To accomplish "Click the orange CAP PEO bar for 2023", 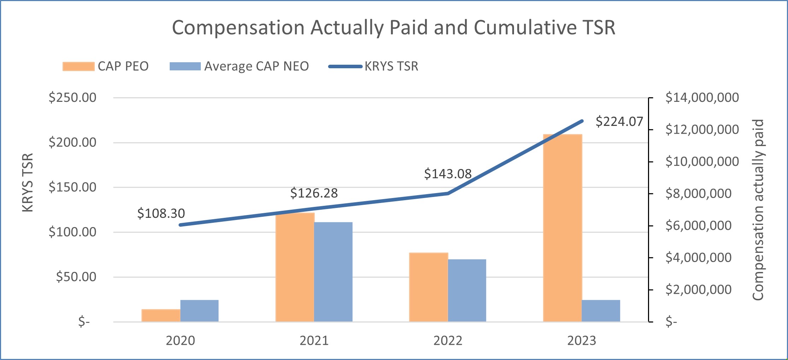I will pos(562,228).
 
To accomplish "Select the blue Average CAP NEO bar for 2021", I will pos(333,272).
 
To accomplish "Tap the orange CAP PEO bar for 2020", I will pos(161,315).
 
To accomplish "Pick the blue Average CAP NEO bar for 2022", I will pos(467,290).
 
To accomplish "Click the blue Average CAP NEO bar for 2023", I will pos(601,311).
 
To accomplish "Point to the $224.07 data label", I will pos(619,122).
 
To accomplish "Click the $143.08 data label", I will pos(448,174).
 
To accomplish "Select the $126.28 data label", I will pos(314,193).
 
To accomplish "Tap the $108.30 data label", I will pos(161,213).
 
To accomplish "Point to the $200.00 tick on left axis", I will pos(72,142).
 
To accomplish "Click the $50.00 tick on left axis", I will pos(76,277).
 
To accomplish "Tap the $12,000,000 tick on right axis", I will pos(702,129).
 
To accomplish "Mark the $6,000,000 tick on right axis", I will pos(698,225).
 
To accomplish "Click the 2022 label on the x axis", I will pos(448,341).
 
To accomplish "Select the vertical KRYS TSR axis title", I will pos(28,182).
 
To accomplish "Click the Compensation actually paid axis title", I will pos(758,210).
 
